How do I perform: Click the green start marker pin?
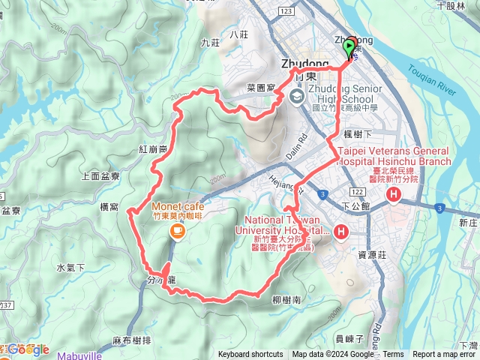(x=349, y=48)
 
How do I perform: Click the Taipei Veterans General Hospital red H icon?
(x=394, y=196)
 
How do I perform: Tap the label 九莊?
(x=211, y=43)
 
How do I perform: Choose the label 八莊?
(x=240, y=34)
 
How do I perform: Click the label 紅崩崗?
(x=152, y=149)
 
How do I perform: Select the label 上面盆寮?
(x=100, y=177)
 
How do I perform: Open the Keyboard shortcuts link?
(x=250, y=355)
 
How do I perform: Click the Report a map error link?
(x=445, y=355)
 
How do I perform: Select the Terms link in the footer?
(x=393, y=355)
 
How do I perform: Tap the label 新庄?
(x=469, y=223)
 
